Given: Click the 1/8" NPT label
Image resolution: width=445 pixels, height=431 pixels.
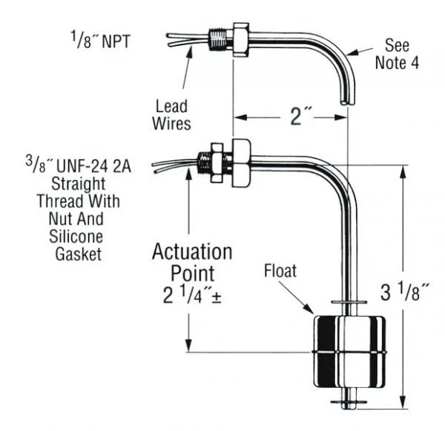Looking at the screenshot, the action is [x=100, y=40].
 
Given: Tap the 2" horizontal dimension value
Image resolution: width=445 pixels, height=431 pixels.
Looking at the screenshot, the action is [x=300, y=116].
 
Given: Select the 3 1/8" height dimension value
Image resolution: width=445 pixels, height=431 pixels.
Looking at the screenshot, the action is [x=405, y=292].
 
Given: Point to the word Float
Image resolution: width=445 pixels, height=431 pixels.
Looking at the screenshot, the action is [x=280, y=271].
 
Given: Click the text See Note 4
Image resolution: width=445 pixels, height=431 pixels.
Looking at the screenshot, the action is [x=397, y=54].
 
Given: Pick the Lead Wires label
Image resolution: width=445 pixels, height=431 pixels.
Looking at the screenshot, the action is [x=171, y=115].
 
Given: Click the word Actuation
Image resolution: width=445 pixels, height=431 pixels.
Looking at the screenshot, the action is [x=192, y=251].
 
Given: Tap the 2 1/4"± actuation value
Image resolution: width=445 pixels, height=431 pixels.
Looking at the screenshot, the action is [x=192, y=295].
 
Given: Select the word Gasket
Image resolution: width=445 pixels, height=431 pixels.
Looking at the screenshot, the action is [x=79, y=254].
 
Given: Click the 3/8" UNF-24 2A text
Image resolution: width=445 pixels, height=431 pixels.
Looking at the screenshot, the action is [x=79, y=165].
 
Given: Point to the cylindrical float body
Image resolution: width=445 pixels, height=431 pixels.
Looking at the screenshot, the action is [x=349, y=352].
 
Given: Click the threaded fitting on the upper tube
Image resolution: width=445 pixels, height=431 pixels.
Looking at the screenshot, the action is [x=221, y=39].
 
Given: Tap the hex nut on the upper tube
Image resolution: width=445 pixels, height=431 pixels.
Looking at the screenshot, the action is [x=241, y=40].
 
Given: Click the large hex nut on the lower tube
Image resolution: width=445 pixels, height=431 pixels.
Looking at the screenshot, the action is [x=241, y=163].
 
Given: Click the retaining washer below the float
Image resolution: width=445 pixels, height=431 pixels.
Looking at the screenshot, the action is [x=349, y=402].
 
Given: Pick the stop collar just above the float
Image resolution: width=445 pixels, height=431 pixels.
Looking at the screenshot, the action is [x=349, y=302].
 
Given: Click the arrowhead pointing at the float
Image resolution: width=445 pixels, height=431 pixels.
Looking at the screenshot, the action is [x=309, y=309].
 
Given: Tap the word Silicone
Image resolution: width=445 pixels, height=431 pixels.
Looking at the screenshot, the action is [x=76, y=236].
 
